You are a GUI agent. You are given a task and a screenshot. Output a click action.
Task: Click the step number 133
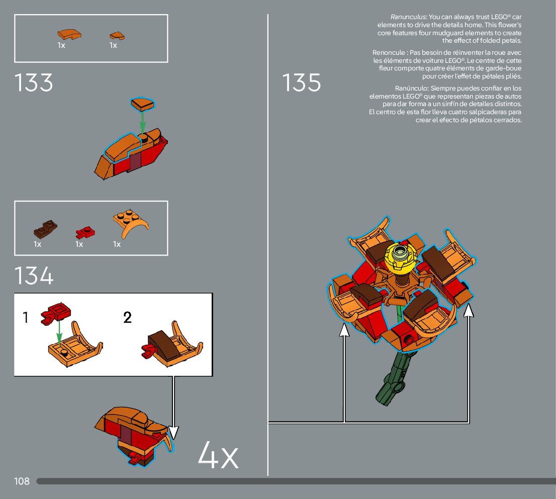click(34, 83)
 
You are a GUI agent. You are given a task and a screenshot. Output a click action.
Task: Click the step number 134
click(34, 276)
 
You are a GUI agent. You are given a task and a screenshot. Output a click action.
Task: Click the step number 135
click(301, 83)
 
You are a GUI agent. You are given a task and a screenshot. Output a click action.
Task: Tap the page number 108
click(22, 481)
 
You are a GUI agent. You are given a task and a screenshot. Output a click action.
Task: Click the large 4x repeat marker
click(218, 455)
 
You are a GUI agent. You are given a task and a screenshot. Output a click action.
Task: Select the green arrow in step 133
click(143, 121)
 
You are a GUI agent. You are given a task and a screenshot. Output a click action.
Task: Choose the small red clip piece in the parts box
click(85, 232)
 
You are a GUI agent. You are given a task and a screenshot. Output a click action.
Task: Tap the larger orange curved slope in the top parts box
click(69, 34)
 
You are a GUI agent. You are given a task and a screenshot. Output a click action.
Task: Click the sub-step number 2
click(127, 317)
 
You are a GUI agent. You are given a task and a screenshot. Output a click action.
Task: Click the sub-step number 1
click(26, 317)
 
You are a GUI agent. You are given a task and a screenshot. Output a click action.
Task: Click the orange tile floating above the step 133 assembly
click(143, 104)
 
